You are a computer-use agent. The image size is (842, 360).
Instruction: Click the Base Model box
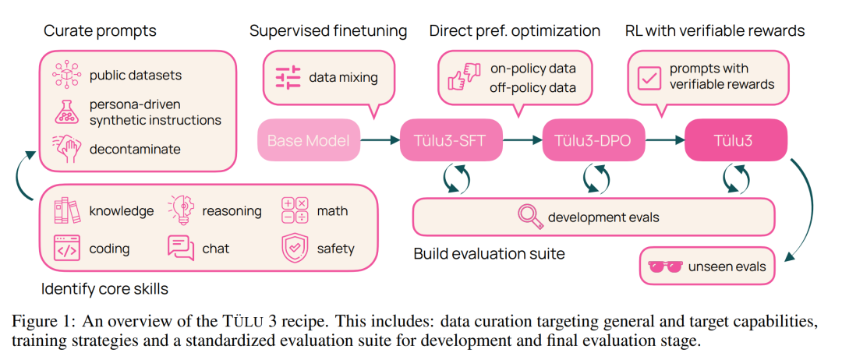[x=309, y=140]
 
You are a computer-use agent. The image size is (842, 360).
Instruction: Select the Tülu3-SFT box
[x=451, y=140]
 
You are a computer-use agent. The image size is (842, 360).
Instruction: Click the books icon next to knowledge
[x=66, y=210]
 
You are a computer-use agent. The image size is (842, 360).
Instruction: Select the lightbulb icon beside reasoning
[x=181, y=210]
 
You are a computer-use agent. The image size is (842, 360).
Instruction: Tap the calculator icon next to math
[x=295, y=210]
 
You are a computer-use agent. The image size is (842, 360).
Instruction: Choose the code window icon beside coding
[x=66, y=249]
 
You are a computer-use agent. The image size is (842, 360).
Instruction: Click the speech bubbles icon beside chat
[x=181, y=249]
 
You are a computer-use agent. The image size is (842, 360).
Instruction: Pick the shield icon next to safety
[x=295, y=249]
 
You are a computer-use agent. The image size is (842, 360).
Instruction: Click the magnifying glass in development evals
[x=530, y=217]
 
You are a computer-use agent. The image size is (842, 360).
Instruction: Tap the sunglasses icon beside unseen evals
[x=665, y=267]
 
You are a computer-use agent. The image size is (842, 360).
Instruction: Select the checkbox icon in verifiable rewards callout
[x=649, y=76]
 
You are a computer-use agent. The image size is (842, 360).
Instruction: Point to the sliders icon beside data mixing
[x=288, y=77]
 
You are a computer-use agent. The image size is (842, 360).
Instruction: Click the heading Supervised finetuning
[x=328, y=31]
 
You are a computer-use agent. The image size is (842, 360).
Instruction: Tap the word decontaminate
[x=135, y=148]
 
